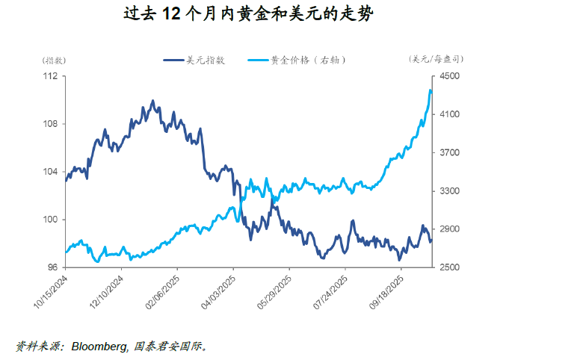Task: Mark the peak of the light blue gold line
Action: click(x=431, y=90)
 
